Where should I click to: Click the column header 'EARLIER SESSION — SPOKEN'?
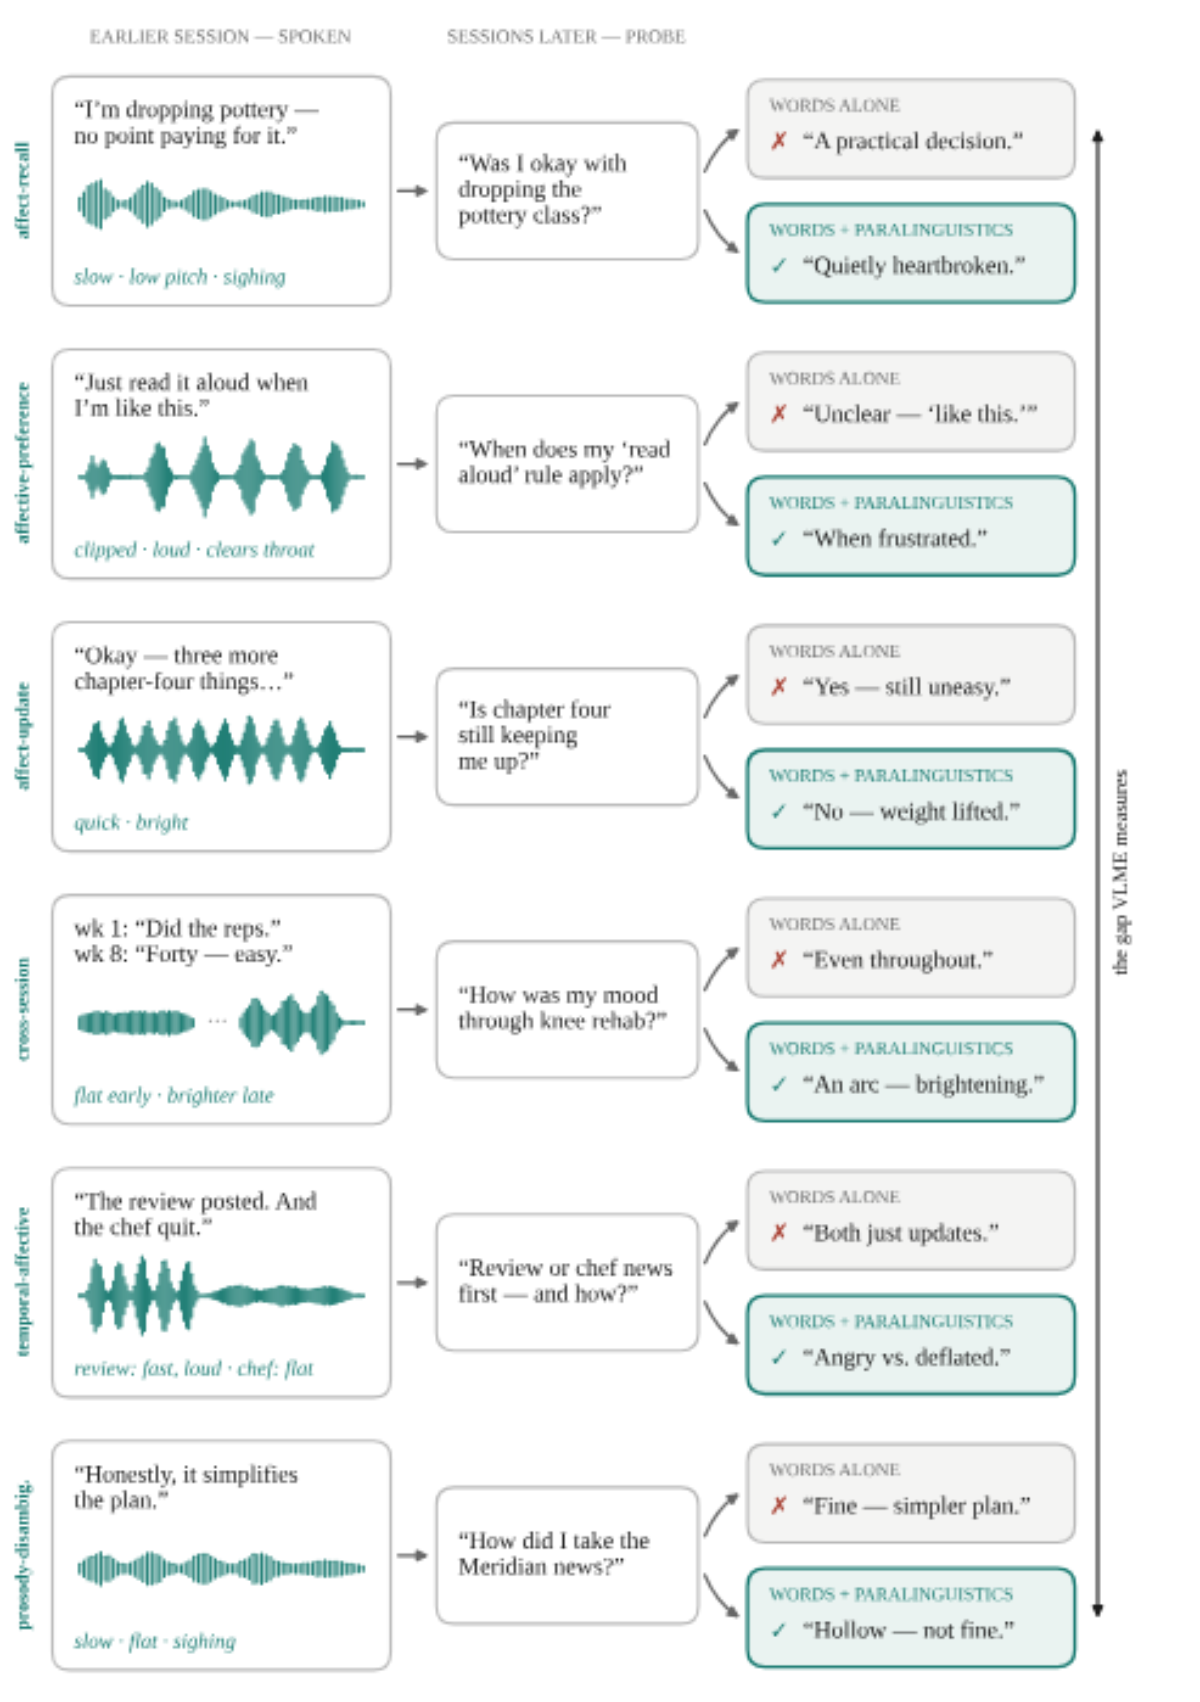coord(220,37)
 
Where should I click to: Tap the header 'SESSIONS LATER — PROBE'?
coord(566,37)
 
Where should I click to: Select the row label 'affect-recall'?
coord(23,191)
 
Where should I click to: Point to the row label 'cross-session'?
coord(23,1009)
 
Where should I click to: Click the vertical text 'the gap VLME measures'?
coord(1120,872)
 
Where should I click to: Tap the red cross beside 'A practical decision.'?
coord(779,141)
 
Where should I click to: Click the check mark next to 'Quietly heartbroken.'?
coord(779,265)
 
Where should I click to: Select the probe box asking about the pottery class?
coord(566,192)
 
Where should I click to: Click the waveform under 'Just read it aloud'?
coord(221,476)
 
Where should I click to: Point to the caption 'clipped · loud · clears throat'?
coord(194,549)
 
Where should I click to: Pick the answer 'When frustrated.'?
coord(895,538)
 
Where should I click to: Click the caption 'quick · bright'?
coord(131,822)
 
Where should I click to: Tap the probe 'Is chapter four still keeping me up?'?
coord(566,737)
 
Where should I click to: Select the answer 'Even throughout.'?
coord(897,960)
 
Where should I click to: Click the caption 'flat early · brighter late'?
coord(174,1095)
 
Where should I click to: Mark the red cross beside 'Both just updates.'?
coord(779,1233)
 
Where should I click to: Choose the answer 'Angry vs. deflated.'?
coord(906,1357)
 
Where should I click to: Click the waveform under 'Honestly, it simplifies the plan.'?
coord(221,1568)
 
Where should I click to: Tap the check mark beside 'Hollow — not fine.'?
coord(779,1630)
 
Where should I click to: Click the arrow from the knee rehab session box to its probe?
coord(412,1010)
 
